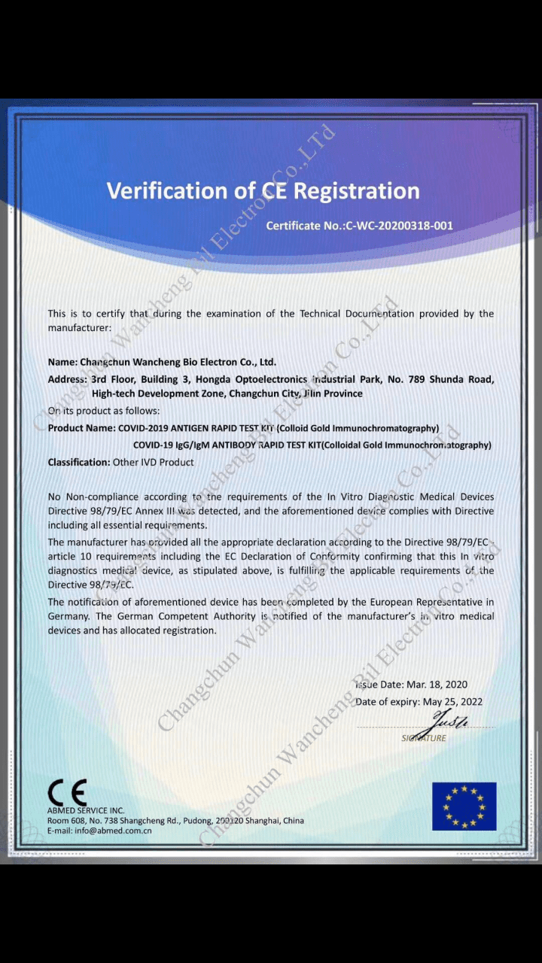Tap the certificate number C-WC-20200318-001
click(x=399, y=226)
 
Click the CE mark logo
click(x=67, y=792)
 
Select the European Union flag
click(x=464, y=806)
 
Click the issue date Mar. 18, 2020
click(x=437, y=685)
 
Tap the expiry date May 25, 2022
click(x=452, y=702)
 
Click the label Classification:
click(x=78, y=463)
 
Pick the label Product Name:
click(x=81, y=428)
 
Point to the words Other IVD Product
click(x=154, y=463)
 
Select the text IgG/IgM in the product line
click(x=191, y=445)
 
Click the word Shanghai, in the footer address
click(x=260, y=821)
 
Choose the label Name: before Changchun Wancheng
click(x=62, y=362)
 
